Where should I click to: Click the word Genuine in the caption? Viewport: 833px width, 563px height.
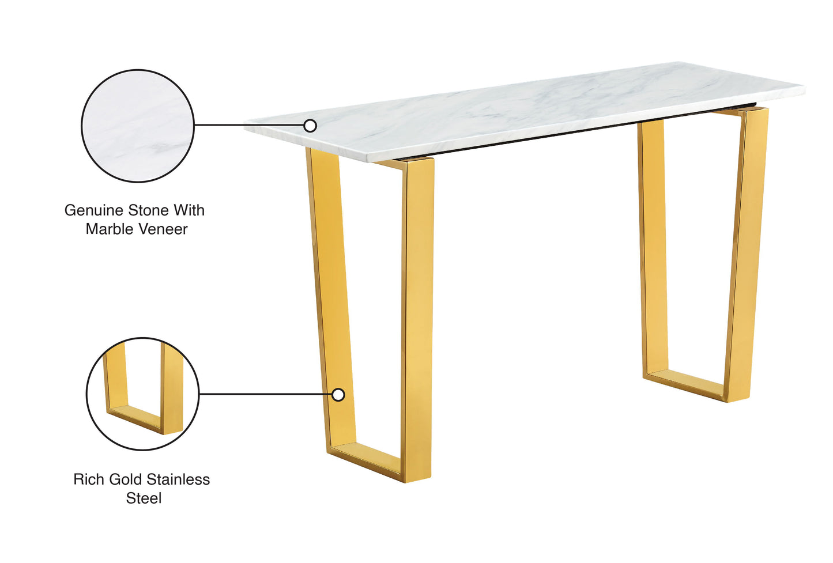94,210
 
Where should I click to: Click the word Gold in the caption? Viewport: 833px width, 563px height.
125,479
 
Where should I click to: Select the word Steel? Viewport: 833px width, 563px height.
144,498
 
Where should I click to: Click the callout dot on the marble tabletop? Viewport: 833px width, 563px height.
310,126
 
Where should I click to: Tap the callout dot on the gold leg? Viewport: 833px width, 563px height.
338,395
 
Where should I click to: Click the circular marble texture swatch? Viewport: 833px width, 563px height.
137,126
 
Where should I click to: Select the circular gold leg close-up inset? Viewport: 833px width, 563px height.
142,394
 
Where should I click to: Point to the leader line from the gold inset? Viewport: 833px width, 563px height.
265,395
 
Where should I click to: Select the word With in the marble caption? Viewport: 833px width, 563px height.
189,210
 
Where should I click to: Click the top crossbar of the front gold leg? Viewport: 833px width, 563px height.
398,164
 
